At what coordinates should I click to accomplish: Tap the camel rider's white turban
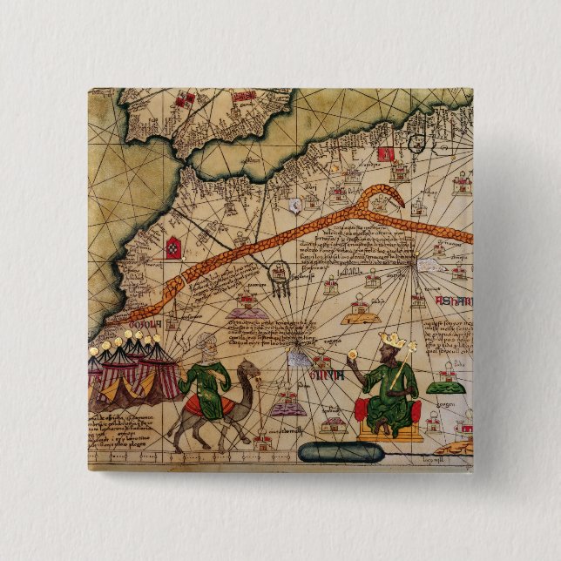pyautogui.click(x=203, y=341)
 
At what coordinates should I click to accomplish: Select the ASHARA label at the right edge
pyautogui.click(x=454, y=301)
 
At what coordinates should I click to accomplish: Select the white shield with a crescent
pyautogui.click(x=296, y=205)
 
